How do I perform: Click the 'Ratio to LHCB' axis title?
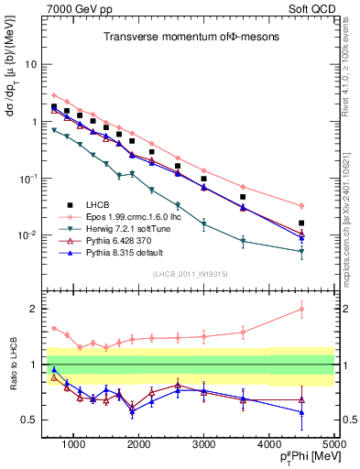pyautogui.click(x=11, y=365)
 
